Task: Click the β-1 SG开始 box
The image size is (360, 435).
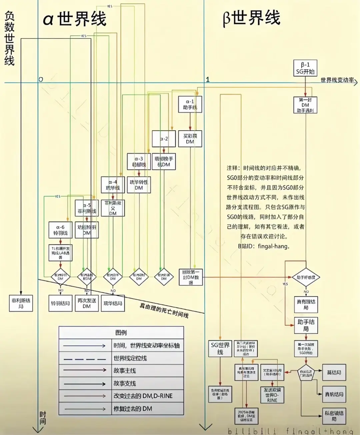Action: point(305,68)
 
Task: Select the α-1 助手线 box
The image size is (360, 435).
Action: point(190,104)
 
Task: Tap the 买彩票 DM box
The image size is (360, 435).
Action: point(190,139)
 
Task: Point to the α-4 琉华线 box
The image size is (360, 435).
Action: point(113,185)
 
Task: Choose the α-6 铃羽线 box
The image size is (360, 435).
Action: point(60,230)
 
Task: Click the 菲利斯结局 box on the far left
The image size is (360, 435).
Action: point(21,303)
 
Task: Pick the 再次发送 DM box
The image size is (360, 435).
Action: point(87,303)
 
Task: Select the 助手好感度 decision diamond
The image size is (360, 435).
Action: point(306,277)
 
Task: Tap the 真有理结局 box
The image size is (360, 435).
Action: point(306,304)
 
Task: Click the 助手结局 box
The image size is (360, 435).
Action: point(306,325)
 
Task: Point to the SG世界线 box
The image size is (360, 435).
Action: point(220,348)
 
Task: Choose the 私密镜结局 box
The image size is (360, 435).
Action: point(334,416)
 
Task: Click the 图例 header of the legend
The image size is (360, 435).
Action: point(121,332)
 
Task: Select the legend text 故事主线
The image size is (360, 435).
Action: point(125,370)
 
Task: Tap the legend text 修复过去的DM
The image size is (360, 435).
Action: point(133,409)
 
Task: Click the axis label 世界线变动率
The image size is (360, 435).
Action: point(337,80)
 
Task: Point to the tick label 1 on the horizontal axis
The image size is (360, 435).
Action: point(208,79)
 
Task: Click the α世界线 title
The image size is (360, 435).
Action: point(75,19)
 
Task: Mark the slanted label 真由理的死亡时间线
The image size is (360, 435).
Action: point(164,310)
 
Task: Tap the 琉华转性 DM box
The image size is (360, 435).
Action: point(139,185)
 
